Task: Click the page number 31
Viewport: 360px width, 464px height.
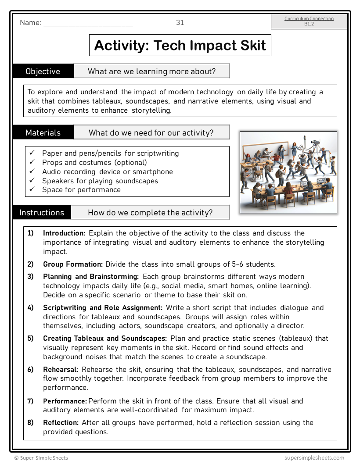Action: tap(180, 23)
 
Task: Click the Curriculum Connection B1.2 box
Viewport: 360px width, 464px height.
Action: tap(309, 21)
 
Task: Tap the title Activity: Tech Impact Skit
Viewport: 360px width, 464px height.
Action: tap(180, 45)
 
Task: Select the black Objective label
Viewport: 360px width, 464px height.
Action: tap(43, 71)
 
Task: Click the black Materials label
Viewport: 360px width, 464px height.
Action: tap(43, 132)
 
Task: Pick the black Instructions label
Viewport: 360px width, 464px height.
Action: tap(42, 213)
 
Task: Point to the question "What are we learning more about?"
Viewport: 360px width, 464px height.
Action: tap(151, 71)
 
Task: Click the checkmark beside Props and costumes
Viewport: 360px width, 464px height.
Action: tap(32, 162)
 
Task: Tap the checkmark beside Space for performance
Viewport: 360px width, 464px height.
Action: tap(32, 189)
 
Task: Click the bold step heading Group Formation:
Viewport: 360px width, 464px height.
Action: tap(73, 264)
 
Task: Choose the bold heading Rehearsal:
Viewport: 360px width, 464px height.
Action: tap(61, 369)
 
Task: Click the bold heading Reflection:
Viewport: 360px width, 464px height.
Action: tap(61, 422)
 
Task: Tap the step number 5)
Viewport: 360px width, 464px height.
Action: tap(30, 338)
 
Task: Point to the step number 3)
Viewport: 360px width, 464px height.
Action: tap(30, 276)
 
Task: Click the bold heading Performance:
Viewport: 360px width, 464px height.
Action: tap(65, 401)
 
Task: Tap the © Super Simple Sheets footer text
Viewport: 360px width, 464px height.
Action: tap(41, 457)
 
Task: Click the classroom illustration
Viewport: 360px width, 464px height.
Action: tap(288, 172)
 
